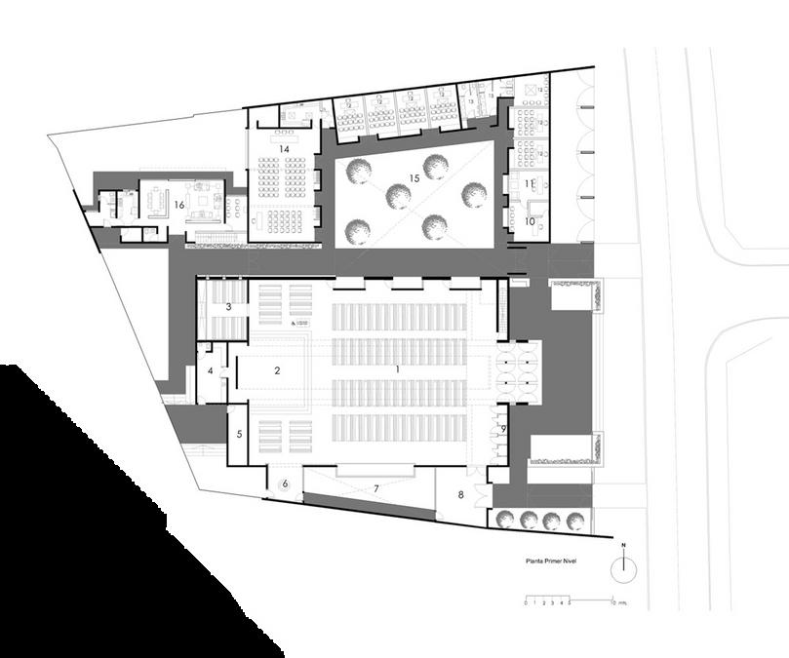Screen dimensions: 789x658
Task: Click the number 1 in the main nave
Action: coord(397,370)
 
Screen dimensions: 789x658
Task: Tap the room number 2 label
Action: coord(278,370)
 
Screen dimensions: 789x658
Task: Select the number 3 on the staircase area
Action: coord(228,307)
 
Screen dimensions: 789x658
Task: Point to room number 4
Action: coord(211,371)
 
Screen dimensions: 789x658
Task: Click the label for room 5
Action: coord(239,433)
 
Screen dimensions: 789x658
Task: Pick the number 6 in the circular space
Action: coord(286,484)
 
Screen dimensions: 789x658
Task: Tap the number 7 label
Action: coord(375,487)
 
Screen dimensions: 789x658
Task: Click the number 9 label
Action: coord(503,428)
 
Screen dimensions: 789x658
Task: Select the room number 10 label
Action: coord(531,221)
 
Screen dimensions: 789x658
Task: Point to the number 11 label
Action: coord(529,183)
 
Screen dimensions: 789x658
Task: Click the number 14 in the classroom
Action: coord(285,148)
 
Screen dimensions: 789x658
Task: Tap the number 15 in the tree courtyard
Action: coord(414,178)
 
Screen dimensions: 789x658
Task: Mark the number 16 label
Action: coord(179,204)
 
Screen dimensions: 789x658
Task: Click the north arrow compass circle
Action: coord(624,567)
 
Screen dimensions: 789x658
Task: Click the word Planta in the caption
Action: coord(535,561)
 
